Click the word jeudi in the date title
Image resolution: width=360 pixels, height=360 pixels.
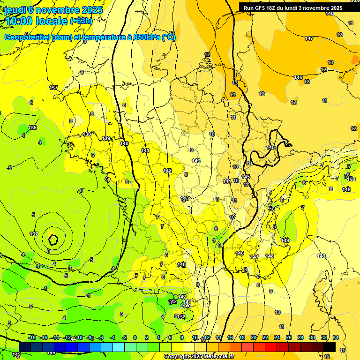(x=15, y=10)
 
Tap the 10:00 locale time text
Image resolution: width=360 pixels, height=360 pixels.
(x=36, y=21)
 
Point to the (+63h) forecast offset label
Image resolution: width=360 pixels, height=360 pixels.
(x=82, y=21)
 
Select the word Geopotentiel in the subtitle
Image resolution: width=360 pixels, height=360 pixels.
(x=28, y=37)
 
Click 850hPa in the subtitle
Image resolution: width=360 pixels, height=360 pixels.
(x=144, y=37)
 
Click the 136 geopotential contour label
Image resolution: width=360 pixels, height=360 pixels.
(x=32, y=128)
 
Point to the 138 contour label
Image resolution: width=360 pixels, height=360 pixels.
(x=87, y=135)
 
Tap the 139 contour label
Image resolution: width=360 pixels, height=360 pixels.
(x=106, y=138)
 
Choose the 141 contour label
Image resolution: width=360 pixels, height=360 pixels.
(x=145, y=150)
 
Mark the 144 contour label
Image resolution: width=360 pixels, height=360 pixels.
(x=226, y=181)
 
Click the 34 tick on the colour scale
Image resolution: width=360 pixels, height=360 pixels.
(x=336, y=337)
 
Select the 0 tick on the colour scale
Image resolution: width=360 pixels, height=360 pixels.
(x=135, y=337)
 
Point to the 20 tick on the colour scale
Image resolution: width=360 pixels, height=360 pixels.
(x=254, y=337)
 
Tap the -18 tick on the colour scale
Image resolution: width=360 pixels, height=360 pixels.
(x=32, y=337)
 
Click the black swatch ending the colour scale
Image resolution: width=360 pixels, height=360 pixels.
(x=330, y=347)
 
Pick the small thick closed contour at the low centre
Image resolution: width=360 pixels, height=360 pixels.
(x=53, y=240)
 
